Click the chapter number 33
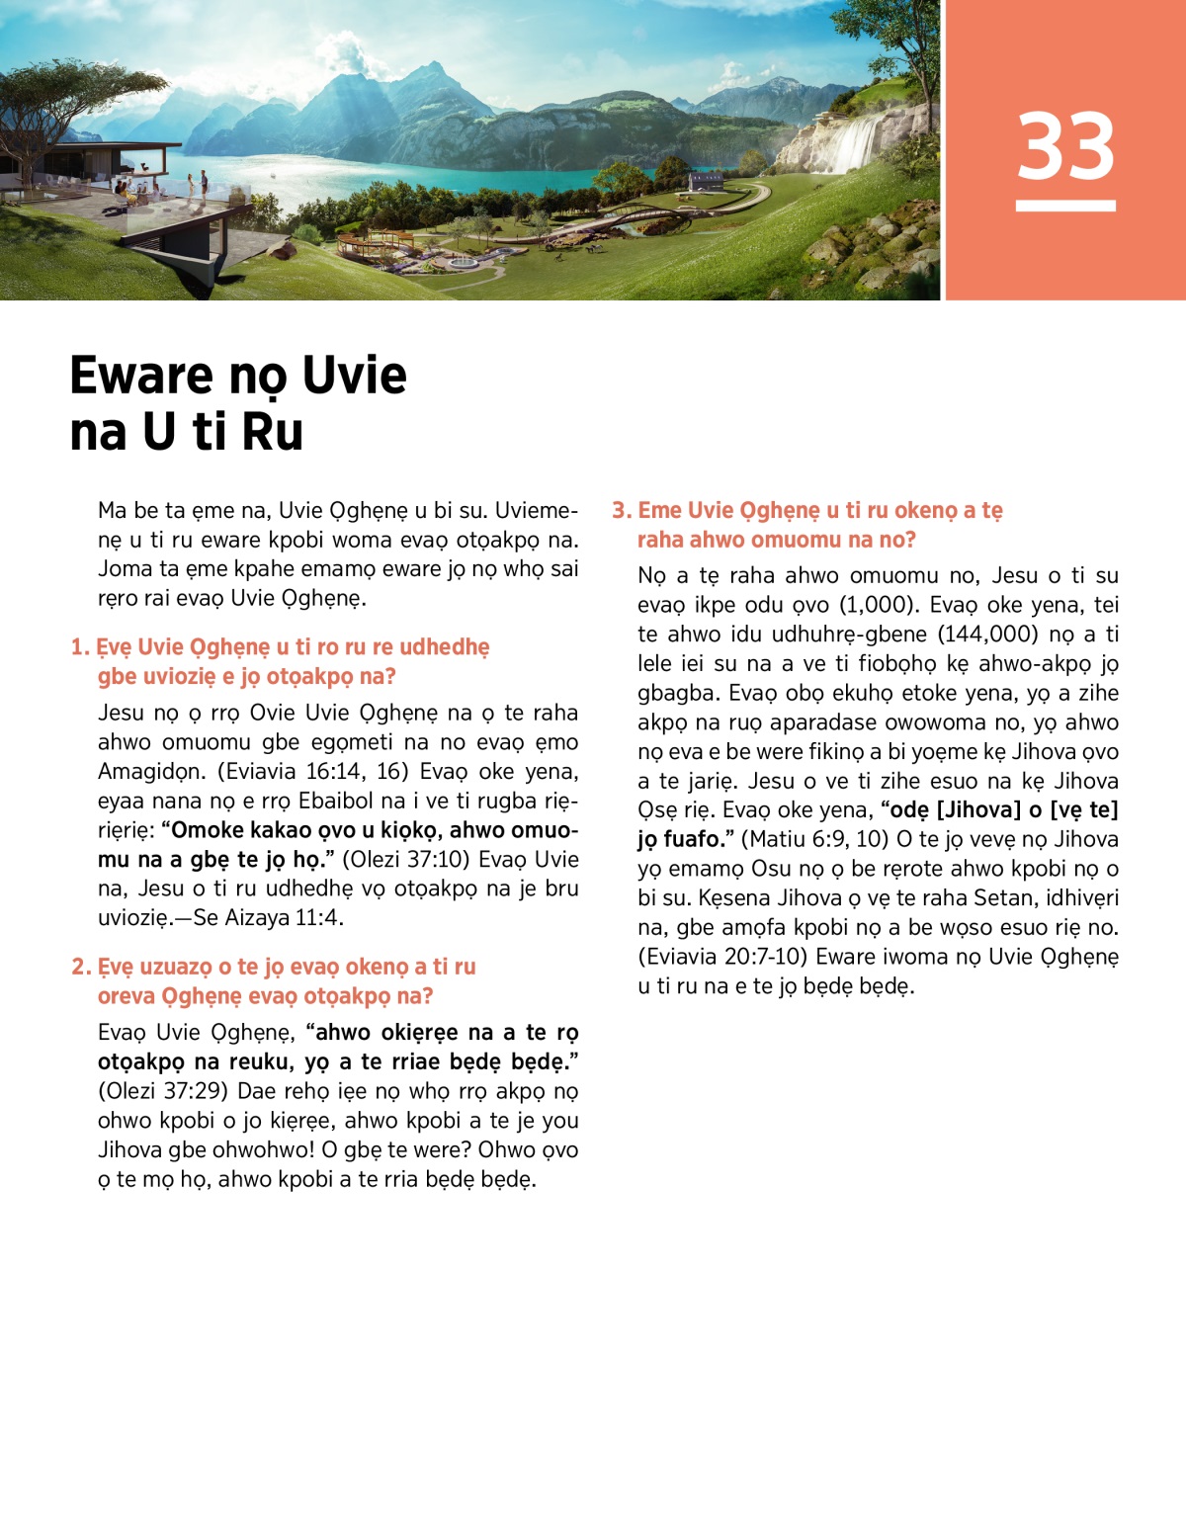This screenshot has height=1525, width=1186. click(1065, 146)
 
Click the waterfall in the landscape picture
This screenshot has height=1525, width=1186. click(855, 143)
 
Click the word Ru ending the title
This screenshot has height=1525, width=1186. click(272, 432)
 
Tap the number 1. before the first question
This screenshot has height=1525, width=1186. click(80, 647)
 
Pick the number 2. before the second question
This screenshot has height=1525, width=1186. click(81, 967)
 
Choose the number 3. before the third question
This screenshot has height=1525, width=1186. click(621, 510)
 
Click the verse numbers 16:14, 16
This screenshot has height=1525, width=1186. click(351, 771)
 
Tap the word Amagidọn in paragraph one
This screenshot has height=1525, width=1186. click(145, 771)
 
